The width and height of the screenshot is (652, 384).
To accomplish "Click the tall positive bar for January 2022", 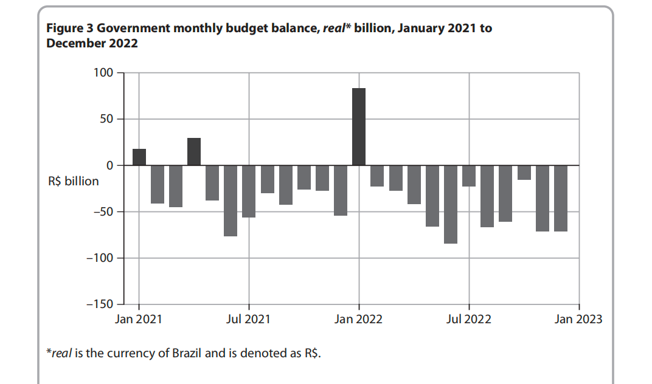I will [x=359, y=126].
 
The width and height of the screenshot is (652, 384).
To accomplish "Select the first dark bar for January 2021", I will [x=139, y=157].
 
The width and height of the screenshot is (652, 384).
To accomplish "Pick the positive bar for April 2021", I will [x=194, y=152].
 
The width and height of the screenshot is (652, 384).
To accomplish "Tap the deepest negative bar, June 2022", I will [x=451, y=204].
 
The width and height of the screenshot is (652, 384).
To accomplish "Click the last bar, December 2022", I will [x=560, y=198].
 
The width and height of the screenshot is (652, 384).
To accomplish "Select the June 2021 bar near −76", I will [x=231, y=201].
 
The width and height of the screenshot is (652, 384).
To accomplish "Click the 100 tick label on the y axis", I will [x=103, y=73].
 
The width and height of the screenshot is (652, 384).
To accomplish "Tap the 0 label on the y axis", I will [x=110, y=165].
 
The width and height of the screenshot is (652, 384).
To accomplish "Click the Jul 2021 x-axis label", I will [x=248, y=319].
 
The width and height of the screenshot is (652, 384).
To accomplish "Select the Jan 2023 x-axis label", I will [x=578, y=319].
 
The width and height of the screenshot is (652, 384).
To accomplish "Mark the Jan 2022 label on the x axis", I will [x=358, y=319].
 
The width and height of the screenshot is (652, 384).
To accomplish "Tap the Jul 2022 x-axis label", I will [x=468, y=319].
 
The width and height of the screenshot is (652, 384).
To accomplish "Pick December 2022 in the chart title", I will [x=92, y=44].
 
